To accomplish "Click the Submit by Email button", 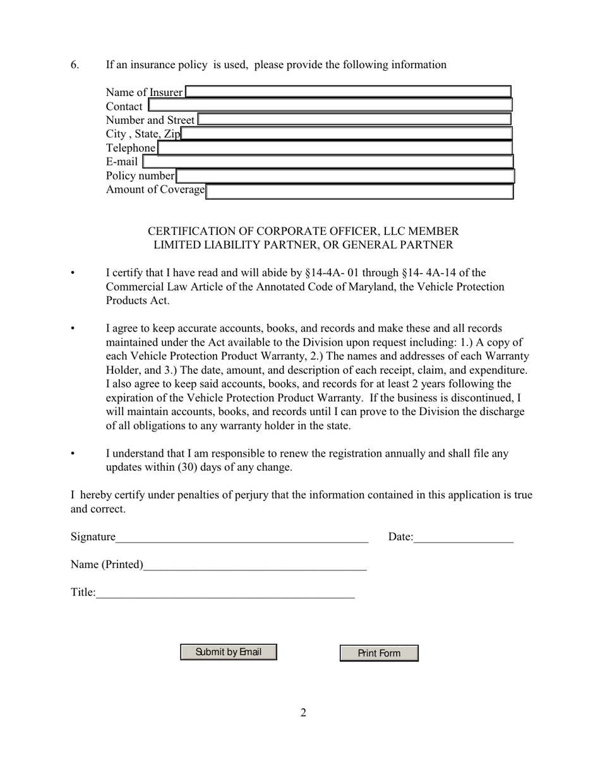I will [x=229, y=652].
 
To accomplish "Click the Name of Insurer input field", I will [x=348, y=92].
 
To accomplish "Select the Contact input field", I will [x=330, y=105].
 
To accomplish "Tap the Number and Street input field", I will [x=354, y=119].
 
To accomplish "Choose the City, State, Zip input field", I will [x=346, y=133].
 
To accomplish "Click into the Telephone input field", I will [x=335, y=148].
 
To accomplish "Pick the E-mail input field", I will [x=328, y=162].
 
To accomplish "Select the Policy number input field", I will [x=345, y=176].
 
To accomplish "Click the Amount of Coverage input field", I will [x=360, y=191].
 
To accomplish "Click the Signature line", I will [x=242, y=537].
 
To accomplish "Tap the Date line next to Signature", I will [x=464, y=537].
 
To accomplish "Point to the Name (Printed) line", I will [x=255, y=565].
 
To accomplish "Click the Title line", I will [x=225, y=593].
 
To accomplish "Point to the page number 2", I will [x=303, y=713].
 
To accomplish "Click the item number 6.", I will [x=75, y=64].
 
